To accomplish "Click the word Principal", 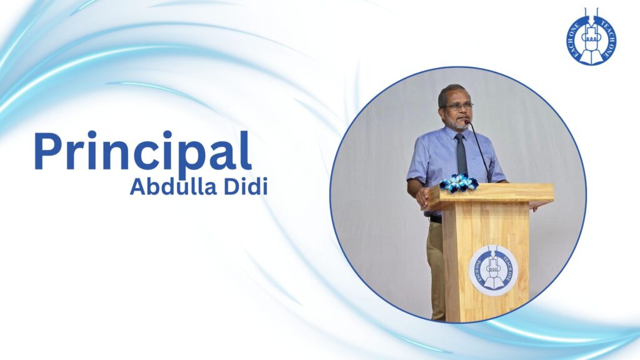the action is (142, 150).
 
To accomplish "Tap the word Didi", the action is (246, 187).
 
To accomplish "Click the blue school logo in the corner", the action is (591, 37).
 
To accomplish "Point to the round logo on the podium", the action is (493, 270).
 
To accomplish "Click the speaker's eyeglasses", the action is (458, 106).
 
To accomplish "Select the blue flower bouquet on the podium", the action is (459, 182).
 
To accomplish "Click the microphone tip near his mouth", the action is (467, 122).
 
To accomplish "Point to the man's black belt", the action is (435, 219).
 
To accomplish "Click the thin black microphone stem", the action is (479, 151).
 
